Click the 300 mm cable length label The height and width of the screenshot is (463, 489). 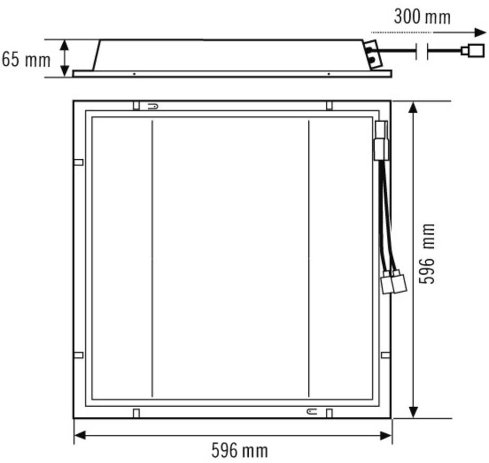point(422,16)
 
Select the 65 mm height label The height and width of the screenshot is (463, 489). point(26,59)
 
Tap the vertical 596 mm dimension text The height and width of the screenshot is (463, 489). point(427,253)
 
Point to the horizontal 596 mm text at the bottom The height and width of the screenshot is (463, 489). point(240,451)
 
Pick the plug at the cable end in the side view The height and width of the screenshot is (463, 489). point(473,51)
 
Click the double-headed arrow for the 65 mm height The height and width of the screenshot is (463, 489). point(64,57)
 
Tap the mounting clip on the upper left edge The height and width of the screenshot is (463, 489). point(78,162)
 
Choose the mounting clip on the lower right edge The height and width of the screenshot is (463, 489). point(385,355)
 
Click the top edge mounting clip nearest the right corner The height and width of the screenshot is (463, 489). point(329,105)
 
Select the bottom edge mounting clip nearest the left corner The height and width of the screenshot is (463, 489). point(136,413)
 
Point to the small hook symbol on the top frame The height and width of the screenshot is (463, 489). point(152,106)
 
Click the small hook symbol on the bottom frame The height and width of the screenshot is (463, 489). point(310,411)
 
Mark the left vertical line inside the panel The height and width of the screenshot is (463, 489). point(152,259)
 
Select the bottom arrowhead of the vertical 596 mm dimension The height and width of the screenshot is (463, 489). point(413,412)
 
